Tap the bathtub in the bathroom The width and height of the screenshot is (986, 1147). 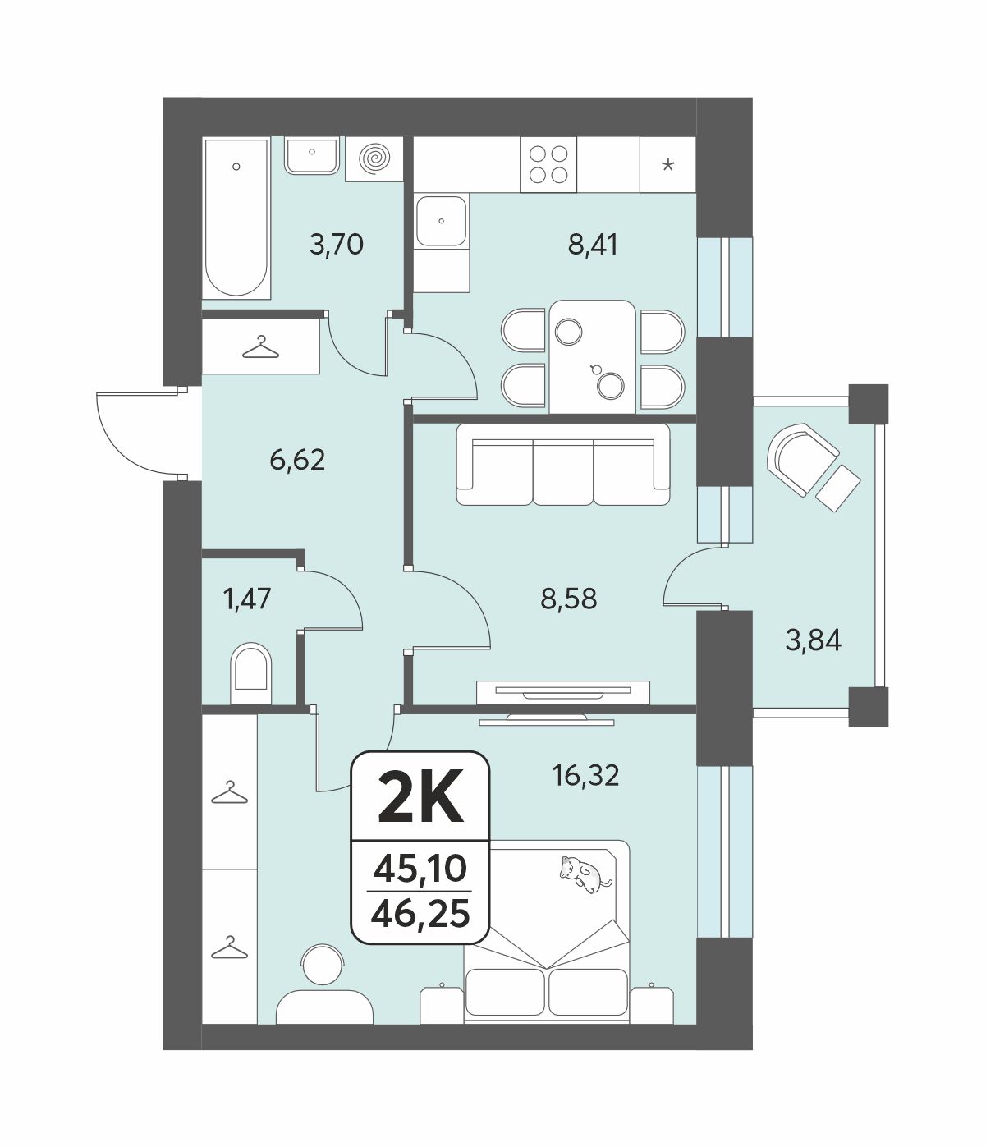236,218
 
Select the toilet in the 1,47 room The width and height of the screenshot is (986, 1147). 251,673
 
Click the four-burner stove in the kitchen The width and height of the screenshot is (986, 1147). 548,164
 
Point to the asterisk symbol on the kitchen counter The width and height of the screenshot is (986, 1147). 668,165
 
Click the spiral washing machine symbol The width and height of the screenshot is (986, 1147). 374,159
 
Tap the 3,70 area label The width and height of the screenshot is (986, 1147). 337,244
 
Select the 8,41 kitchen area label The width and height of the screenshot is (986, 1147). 593,244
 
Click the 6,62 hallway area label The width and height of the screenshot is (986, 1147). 297,460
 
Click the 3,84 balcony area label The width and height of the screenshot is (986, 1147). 814,640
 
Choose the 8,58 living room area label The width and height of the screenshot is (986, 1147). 569,599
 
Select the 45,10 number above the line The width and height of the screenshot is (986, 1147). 420,869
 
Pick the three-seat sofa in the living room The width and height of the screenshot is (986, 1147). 563,465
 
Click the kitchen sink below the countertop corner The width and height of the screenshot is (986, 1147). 441,220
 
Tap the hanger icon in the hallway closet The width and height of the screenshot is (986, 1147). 261,348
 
